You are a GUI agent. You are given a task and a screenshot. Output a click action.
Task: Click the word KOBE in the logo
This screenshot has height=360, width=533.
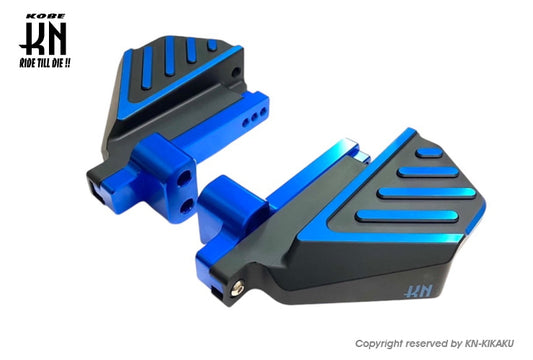point(46,16)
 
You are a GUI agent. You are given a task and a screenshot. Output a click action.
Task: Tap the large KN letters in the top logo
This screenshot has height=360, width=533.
point(44,38)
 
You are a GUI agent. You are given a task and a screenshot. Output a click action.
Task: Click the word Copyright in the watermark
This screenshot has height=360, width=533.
point(378,344)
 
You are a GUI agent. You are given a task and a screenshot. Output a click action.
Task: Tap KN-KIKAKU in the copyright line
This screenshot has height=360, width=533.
point(489,343)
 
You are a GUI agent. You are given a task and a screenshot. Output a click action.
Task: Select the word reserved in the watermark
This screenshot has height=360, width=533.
point(427,343)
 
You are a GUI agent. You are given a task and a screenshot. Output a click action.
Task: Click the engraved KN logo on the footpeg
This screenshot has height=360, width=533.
point(418,290)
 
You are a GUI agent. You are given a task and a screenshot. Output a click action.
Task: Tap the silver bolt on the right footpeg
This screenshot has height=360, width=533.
point(237,288)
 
